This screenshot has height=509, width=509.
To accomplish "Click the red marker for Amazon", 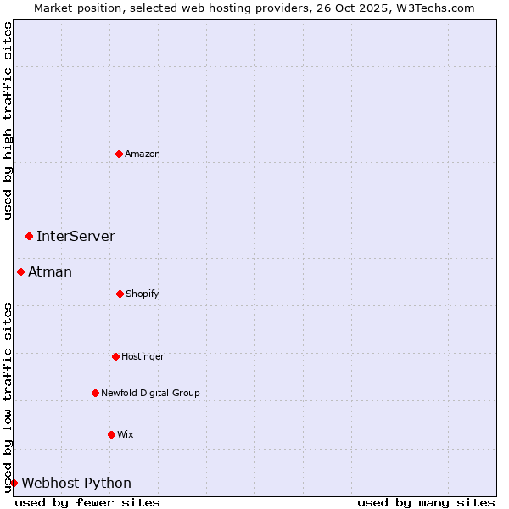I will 119,154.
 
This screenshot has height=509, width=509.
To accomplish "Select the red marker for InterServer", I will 29,236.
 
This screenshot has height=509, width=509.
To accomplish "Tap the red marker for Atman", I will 20,271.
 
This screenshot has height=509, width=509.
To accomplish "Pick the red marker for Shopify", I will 120,294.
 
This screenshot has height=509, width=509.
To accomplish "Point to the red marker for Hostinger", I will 115,356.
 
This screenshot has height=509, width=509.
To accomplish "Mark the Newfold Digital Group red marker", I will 95,393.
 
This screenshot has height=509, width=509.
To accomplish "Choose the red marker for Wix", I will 111,434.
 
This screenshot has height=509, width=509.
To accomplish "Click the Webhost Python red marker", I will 14,483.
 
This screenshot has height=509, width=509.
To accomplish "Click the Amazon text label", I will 143,154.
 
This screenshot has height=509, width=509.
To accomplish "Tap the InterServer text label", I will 76,236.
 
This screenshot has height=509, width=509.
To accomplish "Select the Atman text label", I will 50,271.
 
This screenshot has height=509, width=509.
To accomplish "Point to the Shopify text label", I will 143,294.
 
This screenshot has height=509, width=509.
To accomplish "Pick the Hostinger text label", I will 143,356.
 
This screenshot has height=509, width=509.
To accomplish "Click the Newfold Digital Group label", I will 150,393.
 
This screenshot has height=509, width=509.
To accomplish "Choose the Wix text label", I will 126,434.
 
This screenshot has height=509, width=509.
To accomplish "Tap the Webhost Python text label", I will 76,483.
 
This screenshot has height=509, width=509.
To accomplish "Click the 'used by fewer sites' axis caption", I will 87,502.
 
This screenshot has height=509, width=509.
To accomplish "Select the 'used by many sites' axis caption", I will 426,502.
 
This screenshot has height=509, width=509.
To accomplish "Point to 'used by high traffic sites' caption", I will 8,120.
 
